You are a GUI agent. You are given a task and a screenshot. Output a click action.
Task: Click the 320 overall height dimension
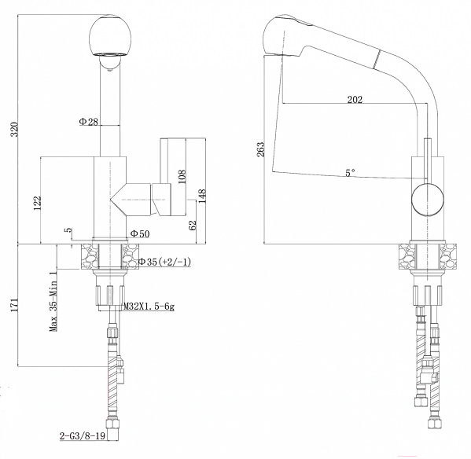[15, 129]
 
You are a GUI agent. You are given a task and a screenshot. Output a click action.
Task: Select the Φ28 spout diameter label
[89, 122]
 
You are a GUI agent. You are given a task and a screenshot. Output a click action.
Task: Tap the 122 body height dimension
[37, 204]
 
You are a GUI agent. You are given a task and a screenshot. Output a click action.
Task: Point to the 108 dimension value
[182, 177]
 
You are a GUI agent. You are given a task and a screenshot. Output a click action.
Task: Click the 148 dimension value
[202, 196]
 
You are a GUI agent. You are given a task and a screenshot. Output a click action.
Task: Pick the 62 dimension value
[193, 225]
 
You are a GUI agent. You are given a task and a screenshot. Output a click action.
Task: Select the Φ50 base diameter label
[140, 233]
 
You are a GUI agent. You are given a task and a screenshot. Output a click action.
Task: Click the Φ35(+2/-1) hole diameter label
[164, 262]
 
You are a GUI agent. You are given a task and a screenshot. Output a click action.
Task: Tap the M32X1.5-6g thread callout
[149, 307]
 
